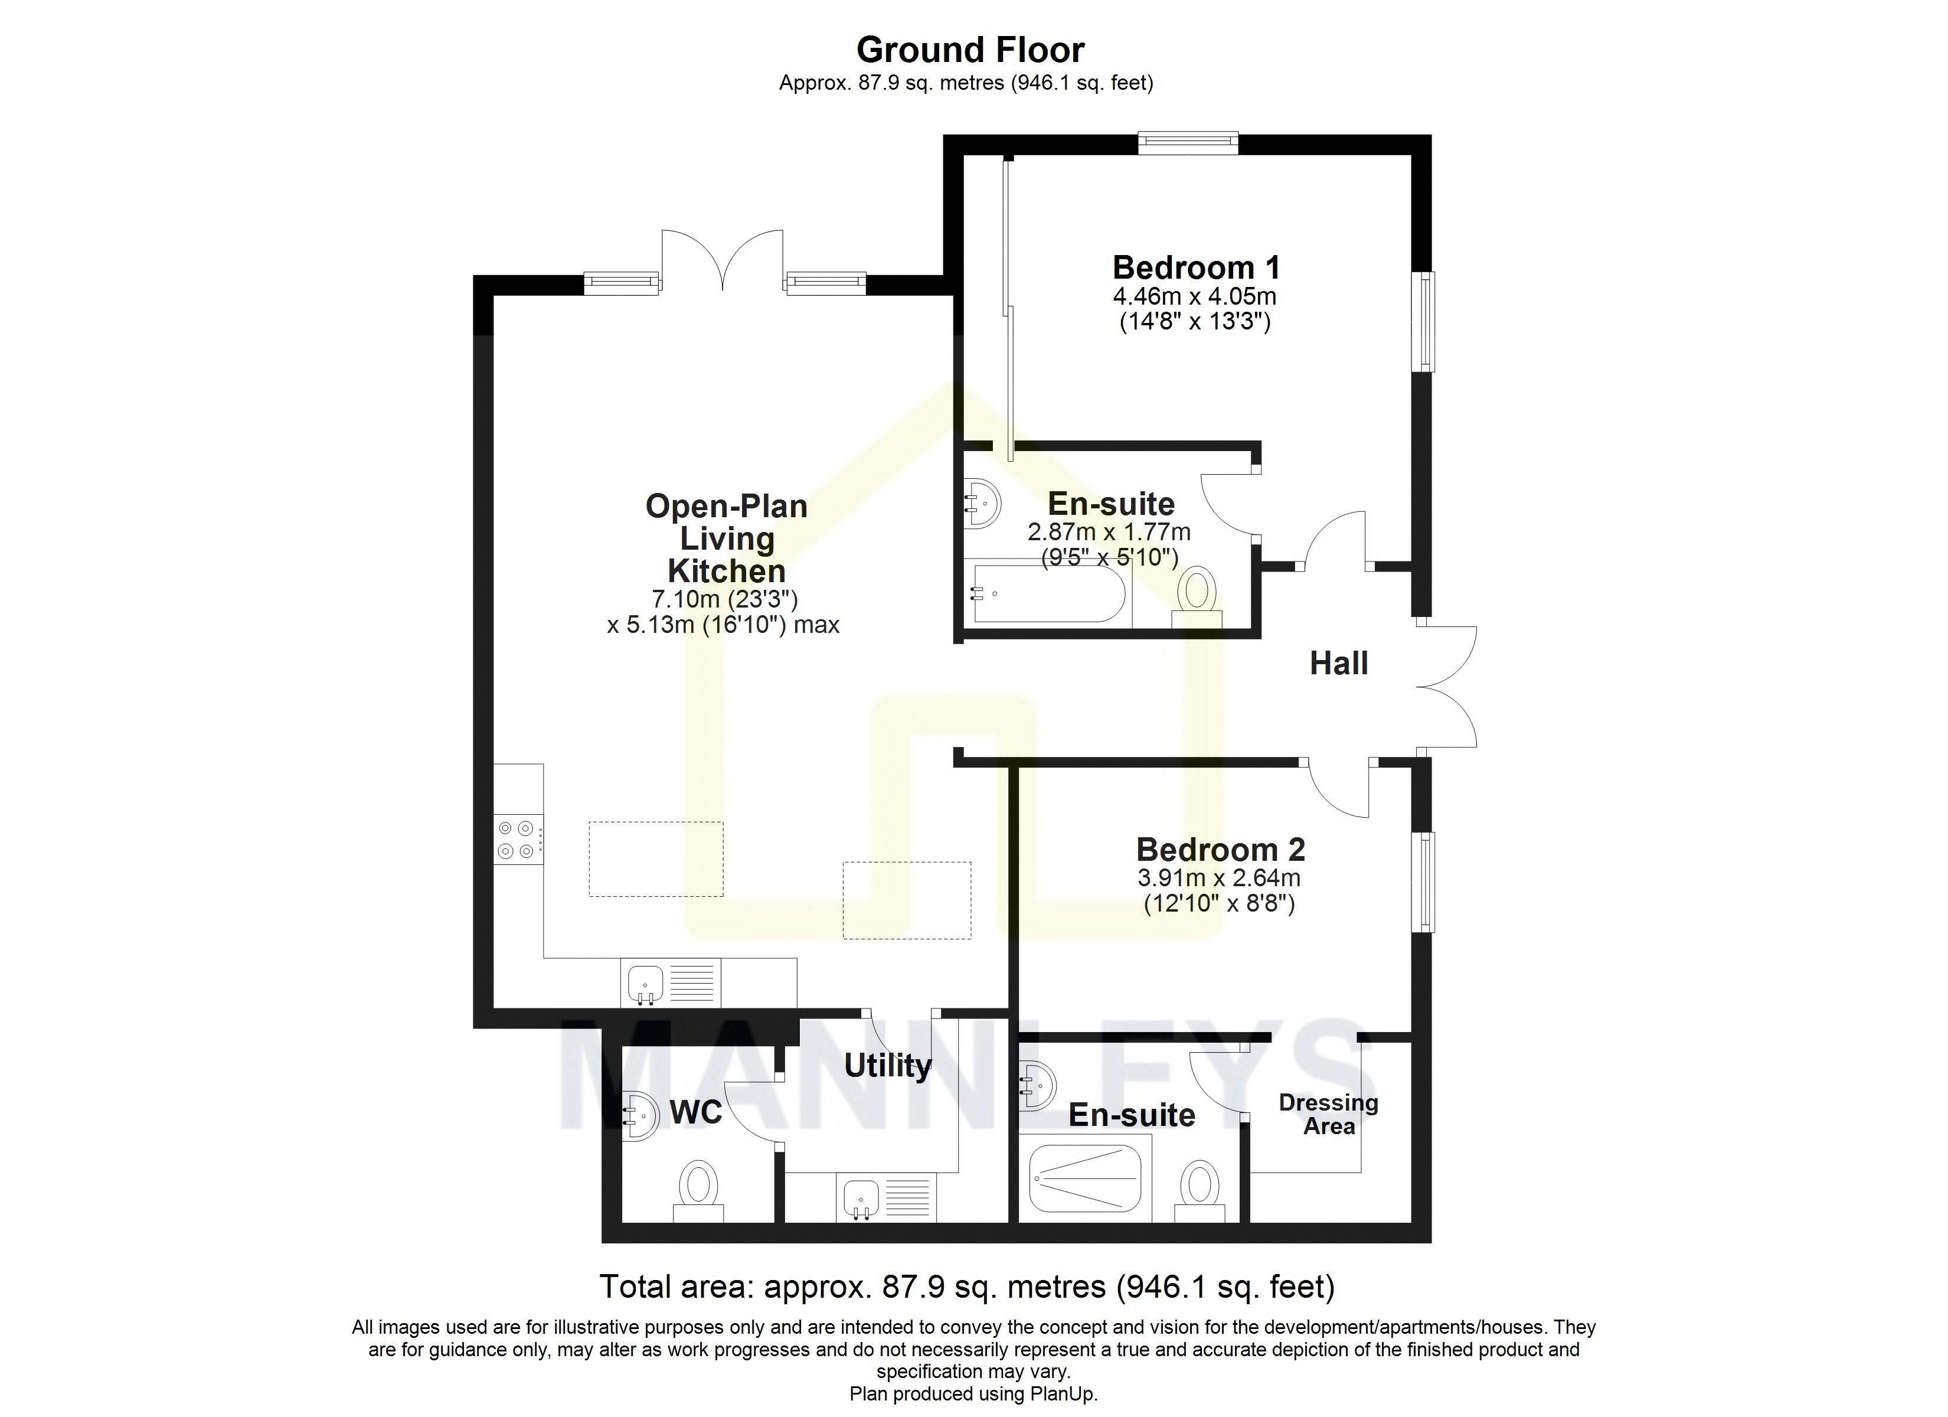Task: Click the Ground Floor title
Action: click(x=970, y=50)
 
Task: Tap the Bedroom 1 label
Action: click(x=1195, y=267)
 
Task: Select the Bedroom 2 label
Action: click(x=1220, y=849)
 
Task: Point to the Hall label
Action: click(x=1338, y=664)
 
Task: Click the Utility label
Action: click(x=887, y=1066)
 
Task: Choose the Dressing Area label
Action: click(x=1328, y=1115)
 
